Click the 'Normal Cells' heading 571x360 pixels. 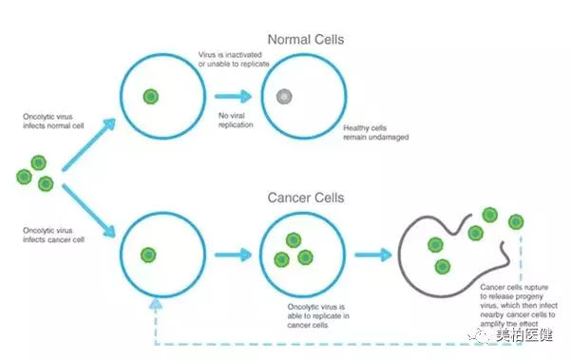click(306, 39)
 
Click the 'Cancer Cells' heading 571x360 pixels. click(306, 198)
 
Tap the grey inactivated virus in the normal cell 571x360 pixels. click(284, 97)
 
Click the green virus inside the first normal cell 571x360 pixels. click(151, 97)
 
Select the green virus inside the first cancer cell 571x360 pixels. click(148, 255)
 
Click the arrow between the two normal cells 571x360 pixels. click(233, 97)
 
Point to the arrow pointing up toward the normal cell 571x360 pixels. click(88, 144)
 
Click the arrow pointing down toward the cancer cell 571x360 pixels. click(88, 211)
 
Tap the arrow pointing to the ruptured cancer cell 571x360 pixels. click(373, 255)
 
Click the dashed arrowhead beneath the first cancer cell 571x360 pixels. click(156, 305)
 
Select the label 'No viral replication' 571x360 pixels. click(236, 120)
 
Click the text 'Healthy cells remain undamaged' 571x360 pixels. click(376, 132)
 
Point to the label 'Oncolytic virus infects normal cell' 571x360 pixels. click(53, 122)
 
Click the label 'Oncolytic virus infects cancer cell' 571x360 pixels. click(53, 236)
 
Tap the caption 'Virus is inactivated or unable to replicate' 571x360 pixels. click(234, 59)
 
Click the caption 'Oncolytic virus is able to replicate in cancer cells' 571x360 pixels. click(318, 316)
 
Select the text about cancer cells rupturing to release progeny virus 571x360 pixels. click(519, 306)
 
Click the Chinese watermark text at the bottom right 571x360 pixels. click(524, 335)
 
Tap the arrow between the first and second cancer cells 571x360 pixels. click(233, 255)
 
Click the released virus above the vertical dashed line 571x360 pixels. click(516, 221)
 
